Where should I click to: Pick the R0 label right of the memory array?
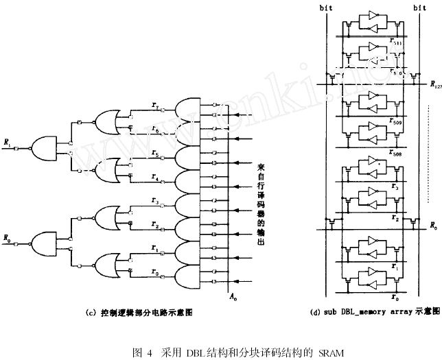[432, 226]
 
